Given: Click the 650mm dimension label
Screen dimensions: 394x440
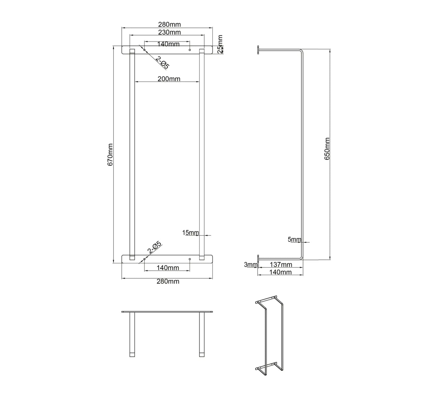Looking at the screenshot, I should coord(327,149).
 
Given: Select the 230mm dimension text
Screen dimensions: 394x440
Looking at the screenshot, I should coord(169,32).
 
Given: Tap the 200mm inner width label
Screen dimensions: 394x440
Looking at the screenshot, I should coord(169,79).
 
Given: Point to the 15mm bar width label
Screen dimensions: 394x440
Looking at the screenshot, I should coord(190,233).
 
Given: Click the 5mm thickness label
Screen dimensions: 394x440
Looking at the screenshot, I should coord(294,240).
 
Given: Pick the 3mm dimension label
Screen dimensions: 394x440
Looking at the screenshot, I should coord(250,265).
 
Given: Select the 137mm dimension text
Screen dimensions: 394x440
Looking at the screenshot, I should coord(281,265).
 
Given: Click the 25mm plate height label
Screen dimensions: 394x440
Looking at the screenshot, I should coord(220,44).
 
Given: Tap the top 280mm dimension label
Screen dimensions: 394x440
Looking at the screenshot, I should coord(169,24).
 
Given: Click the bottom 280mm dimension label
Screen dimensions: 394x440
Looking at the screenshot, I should coord(168,281).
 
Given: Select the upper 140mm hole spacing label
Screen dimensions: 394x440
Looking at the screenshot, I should coord(168,44).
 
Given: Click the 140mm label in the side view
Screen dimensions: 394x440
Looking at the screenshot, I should coord(281,272).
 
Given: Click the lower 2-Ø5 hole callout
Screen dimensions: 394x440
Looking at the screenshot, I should coord(155,248).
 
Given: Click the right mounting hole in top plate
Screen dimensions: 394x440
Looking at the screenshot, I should coord(190,50).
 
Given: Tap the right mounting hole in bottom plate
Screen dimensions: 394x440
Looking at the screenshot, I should coord(190,259).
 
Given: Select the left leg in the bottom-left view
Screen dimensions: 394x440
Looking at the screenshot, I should coord(132,334).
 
